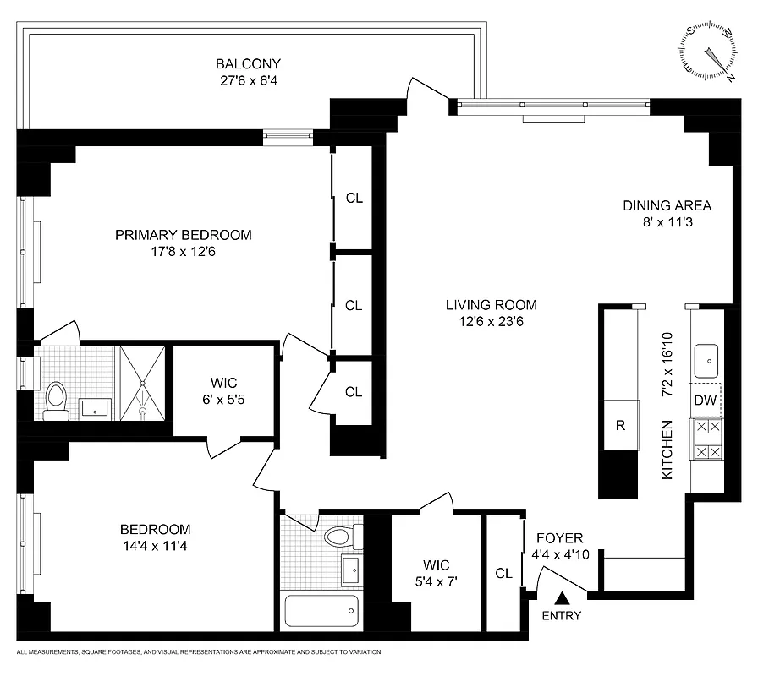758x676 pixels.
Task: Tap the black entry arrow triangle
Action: pos(559,599)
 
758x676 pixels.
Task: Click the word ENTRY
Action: pos(562,616)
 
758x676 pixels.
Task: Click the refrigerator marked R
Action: pos(620,425)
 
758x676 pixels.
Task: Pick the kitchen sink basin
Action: pos(706,361)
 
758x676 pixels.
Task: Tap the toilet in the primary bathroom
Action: pos(57,401)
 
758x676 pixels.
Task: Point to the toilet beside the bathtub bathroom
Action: pos(340,537)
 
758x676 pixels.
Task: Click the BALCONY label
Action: pos(248,64)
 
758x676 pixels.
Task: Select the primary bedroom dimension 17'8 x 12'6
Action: pos(184,251)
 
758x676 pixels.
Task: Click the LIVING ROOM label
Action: pos(492,305)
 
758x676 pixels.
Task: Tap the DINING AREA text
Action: pos(667,205)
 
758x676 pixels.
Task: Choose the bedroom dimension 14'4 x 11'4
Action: pos(155,546)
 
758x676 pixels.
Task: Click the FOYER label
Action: pos(559,538)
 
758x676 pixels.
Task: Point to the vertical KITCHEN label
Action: pos(667,450)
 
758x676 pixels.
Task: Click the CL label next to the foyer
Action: pos(504,574)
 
